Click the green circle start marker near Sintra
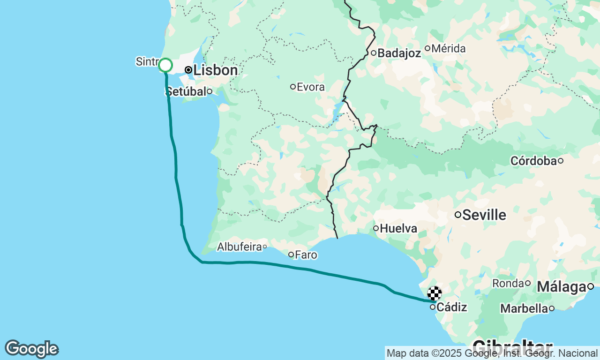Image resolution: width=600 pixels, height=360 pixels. tap(165, 65)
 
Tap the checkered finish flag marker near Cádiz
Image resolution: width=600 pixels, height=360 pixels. tap(435, 294)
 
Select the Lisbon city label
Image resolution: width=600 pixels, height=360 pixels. tap(216, 70)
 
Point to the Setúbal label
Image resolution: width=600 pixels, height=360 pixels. tap(186, 91)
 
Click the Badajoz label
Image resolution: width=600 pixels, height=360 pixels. tap(399, 53)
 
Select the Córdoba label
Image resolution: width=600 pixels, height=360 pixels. tap(533, 161)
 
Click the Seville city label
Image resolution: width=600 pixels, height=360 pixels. tap(484, 215)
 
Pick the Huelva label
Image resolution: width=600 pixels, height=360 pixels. tap(399, 228)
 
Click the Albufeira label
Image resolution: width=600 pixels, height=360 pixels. tap(239, 247)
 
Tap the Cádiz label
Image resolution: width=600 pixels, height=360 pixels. tap(452, 307)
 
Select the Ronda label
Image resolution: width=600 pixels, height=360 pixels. tap(508, 283)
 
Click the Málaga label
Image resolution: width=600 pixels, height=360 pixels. tap(562, 286)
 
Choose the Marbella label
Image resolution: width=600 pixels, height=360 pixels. tap(524, 308)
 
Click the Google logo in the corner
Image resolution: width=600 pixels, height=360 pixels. tap(31, 349)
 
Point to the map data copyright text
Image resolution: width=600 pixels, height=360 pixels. tap(492, 353)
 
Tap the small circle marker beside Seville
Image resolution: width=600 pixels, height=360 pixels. tap(458, 215)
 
